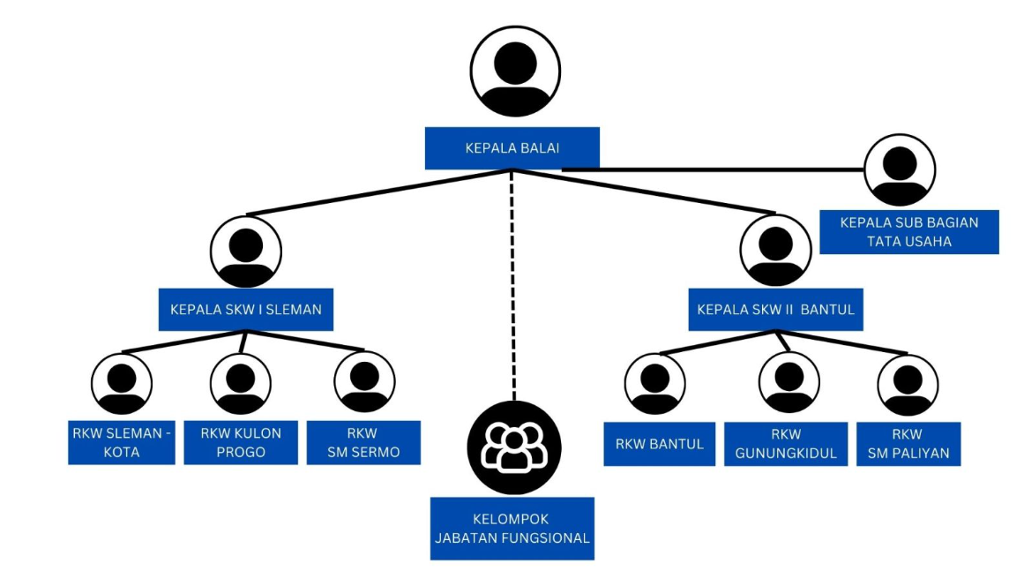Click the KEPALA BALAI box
[x=512, y=148]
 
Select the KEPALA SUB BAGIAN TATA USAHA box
[x=908, y=231]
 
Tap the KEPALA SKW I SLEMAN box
[x=245, y=310]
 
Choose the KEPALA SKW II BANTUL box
[x=775, y=310]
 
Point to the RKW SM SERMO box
[x=363, y=443]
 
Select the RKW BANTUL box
[x=659, y=443]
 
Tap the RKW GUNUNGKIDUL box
[x=785, y=443]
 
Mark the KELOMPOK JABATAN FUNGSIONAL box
[x=512, y=529]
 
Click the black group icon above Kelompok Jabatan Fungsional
[x=512, y=447]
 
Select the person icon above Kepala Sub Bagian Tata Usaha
[x=899, y=170]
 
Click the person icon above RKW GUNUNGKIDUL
[x=789, y=383]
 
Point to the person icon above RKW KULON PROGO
[x=240, y=383]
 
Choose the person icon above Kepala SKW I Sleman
[x=245, y=250]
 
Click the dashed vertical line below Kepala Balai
[x=512, y=282]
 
